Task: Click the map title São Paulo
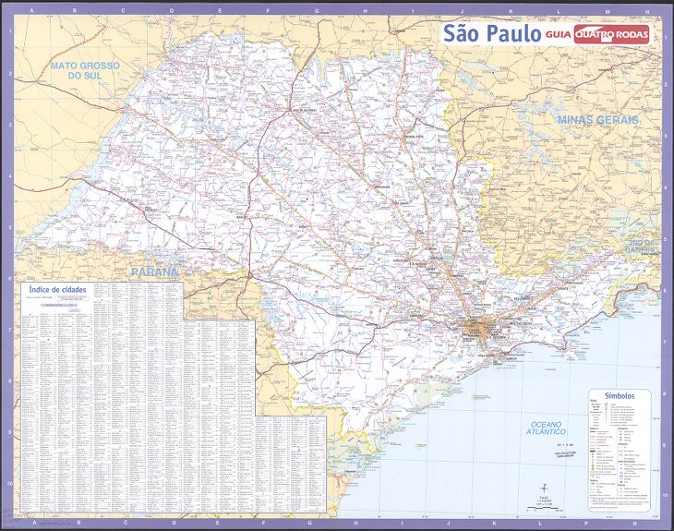491,33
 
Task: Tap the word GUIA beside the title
557,35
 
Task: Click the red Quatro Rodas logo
611,34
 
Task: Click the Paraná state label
153,272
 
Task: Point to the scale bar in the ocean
545,507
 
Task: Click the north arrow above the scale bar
545,489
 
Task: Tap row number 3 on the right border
665,125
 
